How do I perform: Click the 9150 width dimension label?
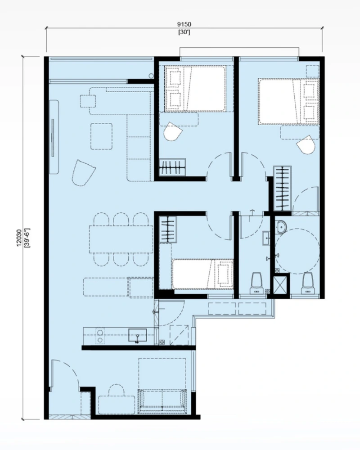[184, 25]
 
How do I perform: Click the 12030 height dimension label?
[19, 238]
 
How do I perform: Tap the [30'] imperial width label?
[184, 32]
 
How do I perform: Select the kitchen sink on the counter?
[138, 336]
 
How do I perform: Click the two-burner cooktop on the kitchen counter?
[100, 336]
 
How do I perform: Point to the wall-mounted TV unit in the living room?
[54, 137]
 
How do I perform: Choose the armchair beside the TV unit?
[83, 173]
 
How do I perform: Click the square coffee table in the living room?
[101, 136]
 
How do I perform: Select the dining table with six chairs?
[121, 239]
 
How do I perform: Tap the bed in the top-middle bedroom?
[195, 89]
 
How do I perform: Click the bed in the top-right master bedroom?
[289, 101]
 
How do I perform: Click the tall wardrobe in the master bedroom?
[282, 188]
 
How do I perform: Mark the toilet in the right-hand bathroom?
[307, 283]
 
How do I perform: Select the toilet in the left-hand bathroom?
[257, 283]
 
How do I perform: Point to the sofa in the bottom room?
[162, 401]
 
